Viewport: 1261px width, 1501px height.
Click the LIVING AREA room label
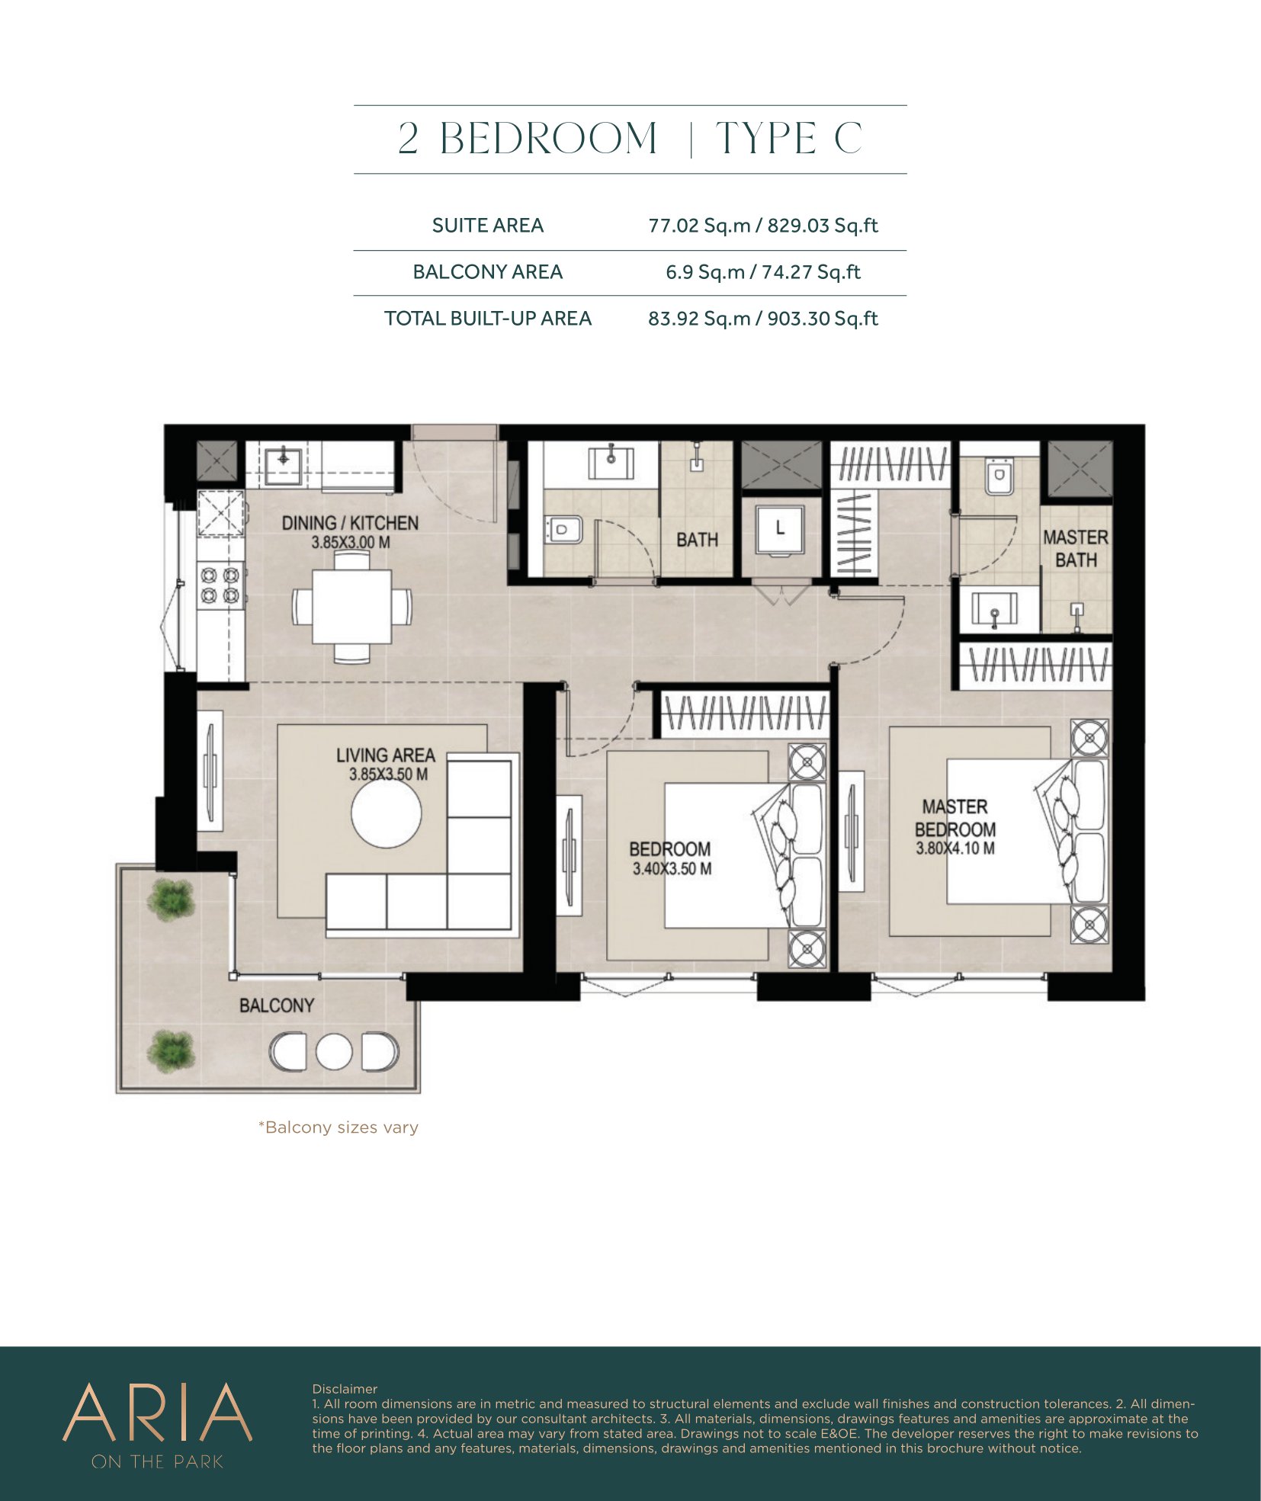pyautogui.click(x=386, y=755)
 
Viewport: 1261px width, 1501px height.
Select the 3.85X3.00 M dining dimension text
pyautogui.click(x=351, y=543)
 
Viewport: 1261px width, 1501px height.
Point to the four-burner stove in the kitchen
pyautogui.click(x=221, y=585)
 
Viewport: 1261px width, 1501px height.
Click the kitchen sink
pyautogui.click(x=284, y=461)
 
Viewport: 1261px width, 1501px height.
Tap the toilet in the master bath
pyautogui.click(x=999, y=477)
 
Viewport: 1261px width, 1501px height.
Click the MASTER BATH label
pyautogui.click(x=1076, y=549)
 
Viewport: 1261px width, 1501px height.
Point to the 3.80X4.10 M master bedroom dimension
pyautogui.click(x=955, y=848)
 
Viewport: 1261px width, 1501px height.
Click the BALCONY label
pyautogui.click(x=277, y=1005)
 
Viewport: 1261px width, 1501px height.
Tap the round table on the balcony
pyautogui.click(x=334, y=1052)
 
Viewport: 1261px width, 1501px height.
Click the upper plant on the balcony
pyautogui.click(x=172, y=897)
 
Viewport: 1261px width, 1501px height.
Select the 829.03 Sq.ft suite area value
pyautogui.click(x=823, y=226)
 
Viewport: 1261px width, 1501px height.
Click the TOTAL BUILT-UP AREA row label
pyautogui.click(x=488, y=319)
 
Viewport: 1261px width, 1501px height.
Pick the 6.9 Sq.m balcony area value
pyautogui.click(x=705, y=272)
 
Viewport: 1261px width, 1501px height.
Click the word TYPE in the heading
pyautogui.click(x=765, y=139)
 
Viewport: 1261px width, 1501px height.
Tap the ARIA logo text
pyautogui.click(x=157, y=1413)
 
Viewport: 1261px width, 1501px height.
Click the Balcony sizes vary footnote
pyautogui.click(x=339, y=1127)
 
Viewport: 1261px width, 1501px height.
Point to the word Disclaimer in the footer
pyautogui.click(x=345, y=1389)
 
